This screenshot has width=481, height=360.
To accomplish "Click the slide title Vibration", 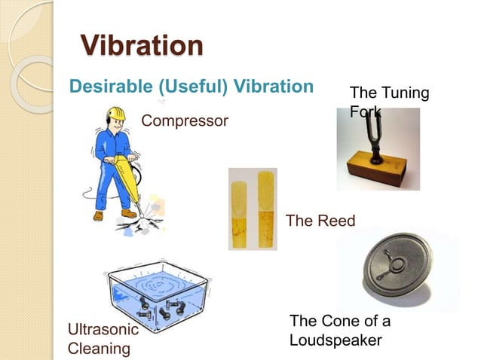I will pos(142,44).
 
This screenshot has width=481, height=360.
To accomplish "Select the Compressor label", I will pos(185,121).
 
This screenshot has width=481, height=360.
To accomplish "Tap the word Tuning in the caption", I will pos(404,93).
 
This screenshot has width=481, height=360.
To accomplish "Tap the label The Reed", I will pos(320,221).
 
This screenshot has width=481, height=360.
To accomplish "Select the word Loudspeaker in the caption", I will pos(335,340).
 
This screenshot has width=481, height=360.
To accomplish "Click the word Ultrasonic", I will pos(103,330).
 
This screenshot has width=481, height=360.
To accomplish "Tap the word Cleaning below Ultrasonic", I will pos(99,349).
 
